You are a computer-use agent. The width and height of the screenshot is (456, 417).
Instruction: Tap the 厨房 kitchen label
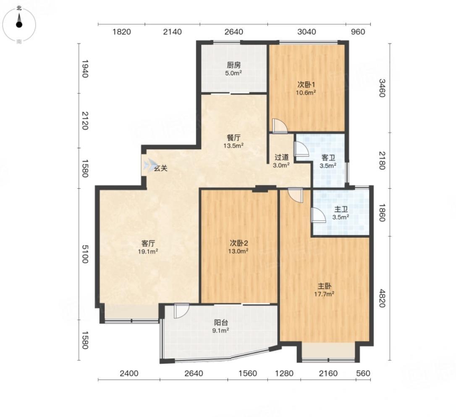(x=234, y=65)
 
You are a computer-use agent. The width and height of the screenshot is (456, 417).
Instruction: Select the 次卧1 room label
(x=306, y=85)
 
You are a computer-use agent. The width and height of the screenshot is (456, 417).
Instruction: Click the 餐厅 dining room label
(x=233, y=137)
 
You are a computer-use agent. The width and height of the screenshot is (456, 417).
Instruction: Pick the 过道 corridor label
(x=281, y=157)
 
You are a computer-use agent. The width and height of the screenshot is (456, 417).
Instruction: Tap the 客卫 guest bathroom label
(x=328, y=158)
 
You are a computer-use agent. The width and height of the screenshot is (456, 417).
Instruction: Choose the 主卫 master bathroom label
(x=341, y=209)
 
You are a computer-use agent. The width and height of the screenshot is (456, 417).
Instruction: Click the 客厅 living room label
(x=148, y=243)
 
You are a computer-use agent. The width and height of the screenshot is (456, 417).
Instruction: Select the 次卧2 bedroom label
(x=239, y=243)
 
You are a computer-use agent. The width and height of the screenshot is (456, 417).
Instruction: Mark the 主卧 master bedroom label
(x=324, y=286)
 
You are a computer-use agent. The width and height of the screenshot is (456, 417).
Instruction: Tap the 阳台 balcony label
(x=221, y=322)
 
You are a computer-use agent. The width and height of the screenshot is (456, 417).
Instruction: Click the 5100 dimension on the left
(x=85, y=254)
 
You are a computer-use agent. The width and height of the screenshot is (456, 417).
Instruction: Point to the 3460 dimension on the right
(x=382, y=88)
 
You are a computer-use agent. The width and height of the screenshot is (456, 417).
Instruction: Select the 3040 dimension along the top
(x=307, y=32)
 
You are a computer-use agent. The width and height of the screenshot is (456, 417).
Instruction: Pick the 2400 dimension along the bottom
(x=129, y=373)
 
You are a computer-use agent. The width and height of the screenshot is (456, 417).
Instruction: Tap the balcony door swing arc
(x=182, y=311)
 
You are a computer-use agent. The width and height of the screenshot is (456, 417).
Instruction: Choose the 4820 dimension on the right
(x=382, y=298)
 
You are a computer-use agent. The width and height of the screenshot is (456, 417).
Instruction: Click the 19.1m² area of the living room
(x=148, y=251)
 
